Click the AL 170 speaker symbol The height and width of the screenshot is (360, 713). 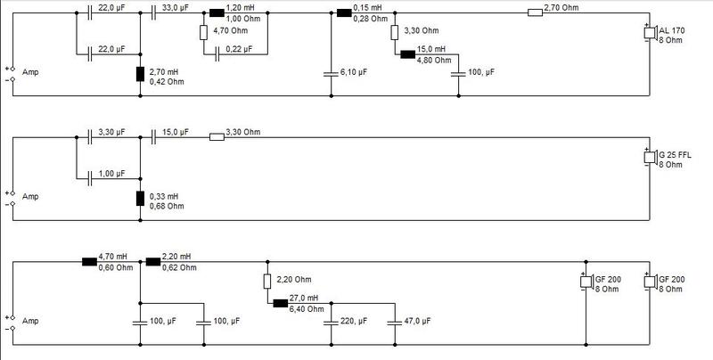[x=650, y=33]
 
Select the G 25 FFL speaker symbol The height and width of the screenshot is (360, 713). [x=650, y=157]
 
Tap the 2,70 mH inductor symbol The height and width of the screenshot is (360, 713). [x=140, y=74]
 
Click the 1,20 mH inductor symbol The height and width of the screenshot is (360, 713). [x=217, y=12]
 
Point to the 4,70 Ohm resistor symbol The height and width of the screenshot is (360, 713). [x=204, y=33]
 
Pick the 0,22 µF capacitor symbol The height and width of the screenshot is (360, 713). [x=217, y=54]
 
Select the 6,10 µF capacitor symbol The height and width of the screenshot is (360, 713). [x=331, y=74]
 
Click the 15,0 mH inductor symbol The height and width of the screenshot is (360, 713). [x=408, y=54]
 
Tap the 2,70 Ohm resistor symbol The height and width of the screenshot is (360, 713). [x=536, y=12]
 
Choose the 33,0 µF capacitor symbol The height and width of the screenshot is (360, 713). [x=153, y=12]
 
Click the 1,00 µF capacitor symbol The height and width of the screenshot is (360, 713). [x=90, y=178]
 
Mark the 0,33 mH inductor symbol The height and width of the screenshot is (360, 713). [x=140, y=199]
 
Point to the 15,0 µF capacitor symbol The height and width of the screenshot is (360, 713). [x=153, y=137]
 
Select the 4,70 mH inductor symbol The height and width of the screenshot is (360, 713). [x=90, y=261]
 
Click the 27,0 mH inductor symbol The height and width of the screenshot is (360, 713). [x=281, y=303]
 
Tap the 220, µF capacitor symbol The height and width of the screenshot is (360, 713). [x=331, y=323]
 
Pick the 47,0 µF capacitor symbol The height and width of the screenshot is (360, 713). [x=395, y=323]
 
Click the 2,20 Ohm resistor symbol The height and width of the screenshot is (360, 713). [x=267, y=282]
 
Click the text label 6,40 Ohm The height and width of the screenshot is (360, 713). [x=307, y=309]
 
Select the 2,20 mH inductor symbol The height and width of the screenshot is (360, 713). [x=153, y=261]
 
